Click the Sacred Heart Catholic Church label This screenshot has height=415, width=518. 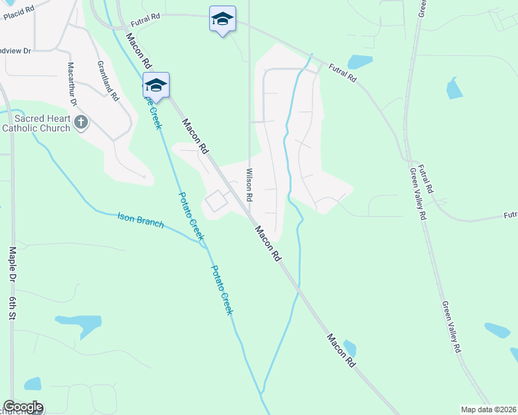point(36,123)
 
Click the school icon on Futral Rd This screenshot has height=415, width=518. point(222,19)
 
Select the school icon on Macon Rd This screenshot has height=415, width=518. point(156,86)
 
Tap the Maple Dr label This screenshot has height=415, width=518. point(12,264)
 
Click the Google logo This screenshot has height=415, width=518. point(23,407)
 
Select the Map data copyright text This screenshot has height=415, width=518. point(488,409)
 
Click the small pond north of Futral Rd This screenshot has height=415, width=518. point(360,62)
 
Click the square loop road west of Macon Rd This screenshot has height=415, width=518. point(216,201)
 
